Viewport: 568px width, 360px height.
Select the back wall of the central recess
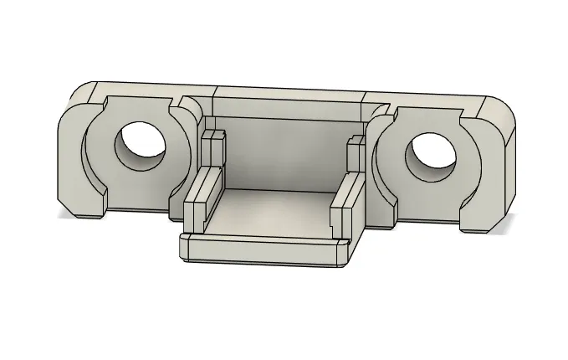284,151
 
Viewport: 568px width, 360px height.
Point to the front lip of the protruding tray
264,252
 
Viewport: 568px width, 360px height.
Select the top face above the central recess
289,92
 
